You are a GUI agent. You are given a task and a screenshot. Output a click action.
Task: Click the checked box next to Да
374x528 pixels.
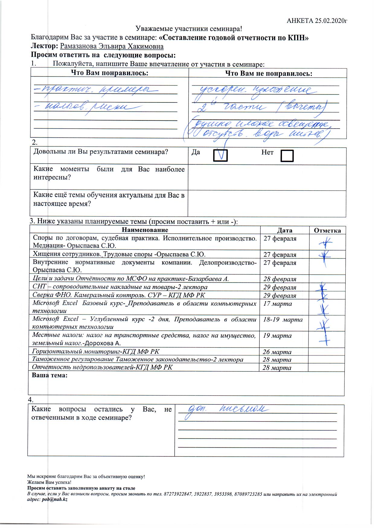[220, 155]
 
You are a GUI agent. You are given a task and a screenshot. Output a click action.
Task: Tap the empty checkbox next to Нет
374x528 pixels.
[287, 156]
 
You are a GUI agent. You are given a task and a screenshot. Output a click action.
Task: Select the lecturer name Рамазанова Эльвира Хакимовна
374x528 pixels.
[112, 46]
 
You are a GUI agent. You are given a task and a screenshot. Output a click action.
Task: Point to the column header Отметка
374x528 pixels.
[327, 230]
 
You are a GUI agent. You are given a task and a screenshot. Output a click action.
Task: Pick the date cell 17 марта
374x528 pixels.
[277, 304]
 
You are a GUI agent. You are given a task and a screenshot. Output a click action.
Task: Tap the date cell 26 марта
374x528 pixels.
[277, 352]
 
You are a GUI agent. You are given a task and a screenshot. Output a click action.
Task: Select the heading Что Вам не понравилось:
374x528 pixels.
[269, 73]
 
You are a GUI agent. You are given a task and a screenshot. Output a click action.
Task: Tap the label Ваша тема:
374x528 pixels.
[50, 376]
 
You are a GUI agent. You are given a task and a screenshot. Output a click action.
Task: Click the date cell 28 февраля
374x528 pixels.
[280, 279]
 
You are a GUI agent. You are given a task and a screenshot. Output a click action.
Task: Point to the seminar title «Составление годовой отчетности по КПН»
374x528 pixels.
[233, 38]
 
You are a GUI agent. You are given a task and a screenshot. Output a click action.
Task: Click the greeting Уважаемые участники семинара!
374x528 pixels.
[189, 29]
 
